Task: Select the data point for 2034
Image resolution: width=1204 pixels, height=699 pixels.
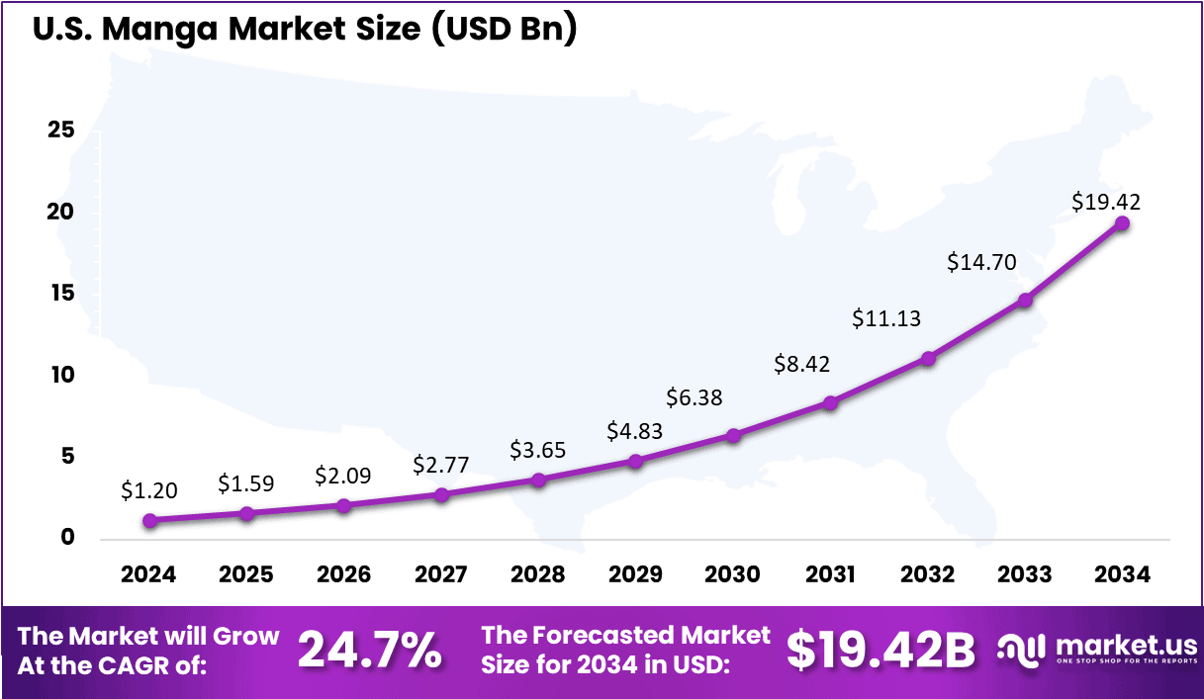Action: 1122,223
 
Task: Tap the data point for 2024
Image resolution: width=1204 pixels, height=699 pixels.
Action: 149,520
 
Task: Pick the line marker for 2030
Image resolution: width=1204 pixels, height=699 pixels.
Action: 733,435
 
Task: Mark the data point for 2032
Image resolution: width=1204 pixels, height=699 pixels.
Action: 928,358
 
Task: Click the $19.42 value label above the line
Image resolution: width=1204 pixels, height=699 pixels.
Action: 1106,202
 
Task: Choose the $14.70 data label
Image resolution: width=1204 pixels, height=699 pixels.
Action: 981,262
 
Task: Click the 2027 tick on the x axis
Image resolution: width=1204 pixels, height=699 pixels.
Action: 441,574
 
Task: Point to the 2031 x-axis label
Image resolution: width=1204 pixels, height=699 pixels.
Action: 830,574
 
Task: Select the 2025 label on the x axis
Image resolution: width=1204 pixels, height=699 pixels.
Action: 246,574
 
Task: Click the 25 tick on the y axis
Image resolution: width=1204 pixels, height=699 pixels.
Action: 61,131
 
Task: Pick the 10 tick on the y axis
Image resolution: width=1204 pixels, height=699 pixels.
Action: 61,376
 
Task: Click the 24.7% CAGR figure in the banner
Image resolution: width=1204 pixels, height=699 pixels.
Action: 369,650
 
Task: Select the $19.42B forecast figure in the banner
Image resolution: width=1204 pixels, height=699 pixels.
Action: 880,650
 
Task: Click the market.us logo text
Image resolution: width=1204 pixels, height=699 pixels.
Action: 1126,645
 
